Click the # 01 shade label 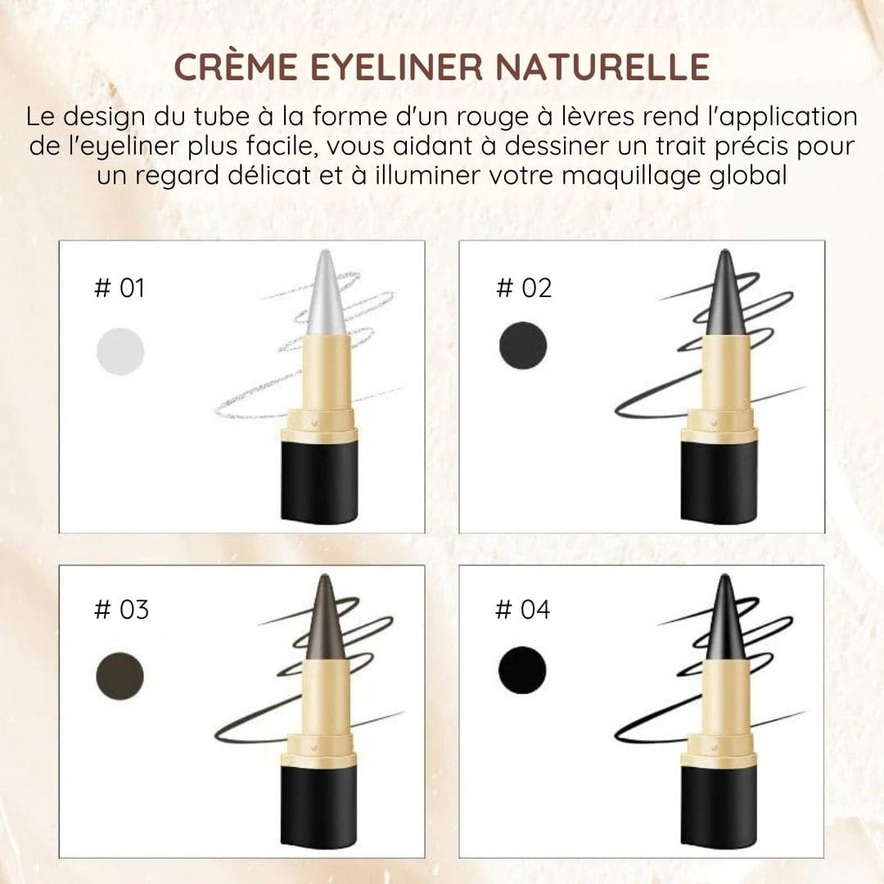pos(120,288)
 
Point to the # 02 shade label pos(524,288)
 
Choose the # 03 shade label pos(121,610)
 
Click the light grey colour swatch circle pos(120,351)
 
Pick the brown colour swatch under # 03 pos(120,675)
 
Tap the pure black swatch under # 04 pos(522,671)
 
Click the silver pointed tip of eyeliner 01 pos(326,295)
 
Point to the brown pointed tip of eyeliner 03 pos(325,619)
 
